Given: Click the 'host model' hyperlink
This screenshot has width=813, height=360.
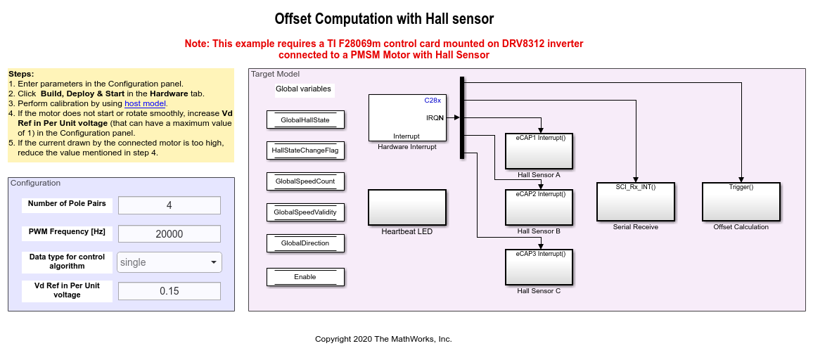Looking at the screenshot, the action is [x=145, y=103].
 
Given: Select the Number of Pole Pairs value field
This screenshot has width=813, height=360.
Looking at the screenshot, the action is [x=169, y=205].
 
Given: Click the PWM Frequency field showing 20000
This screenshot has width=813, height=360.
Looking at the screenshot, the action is [x=169, y=234].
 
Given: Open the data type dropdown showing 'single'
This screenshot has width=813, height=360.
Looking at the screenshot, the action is [x=169, y=262].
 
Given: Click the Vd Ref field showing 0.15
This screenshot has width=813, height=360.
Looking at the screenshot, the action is [x=169, y=291].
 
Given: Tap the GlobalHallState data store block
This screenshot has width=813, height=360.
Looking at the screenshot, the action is [x=305, y=120].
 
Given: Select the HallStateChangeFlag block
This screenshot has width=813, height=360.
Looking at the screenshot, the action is [x=305, y=150].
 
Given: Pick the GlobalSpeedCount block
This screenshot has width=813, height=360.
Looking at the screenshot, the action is [x=305, y=181].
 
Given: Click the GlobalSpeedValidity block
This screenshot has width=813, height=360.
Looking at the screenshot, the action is [x=305, y=212].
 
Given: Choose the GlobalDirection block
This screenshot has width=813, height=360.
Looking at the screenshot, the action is [x=305, y=243].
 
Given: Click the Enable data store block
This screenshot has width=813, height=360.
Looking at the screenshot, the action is [x=305, y=276].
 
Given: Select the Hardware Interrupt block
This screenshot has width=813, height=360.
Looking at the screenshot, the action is [x=407, y=117].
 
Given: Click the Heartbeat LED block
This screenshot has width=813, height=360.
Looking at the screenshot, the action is [x=407, y=207].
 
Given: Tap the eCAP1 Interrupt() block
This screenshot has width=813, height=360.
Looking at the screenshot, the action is [x=539, y=151].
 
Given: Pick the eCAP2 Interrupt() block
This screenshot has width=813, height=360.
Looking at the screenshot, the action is [x=539, y=207].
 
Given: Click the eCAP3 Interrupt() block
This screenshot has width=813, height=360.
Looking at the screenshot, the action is [x=539, y=267].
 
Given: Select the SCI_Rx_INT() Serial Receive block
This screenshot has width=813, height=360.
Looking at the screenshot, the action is [x=635, y=201].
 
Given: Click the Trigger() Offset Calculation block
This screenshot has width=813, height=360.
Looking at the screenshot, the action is [x=741, y=201].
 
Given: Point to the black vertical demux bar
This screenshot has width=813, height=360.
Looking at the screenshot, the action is [x=462, y=117].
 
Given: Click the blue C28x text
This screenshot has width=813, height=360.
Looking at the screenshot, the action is [x=433, y=100].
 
